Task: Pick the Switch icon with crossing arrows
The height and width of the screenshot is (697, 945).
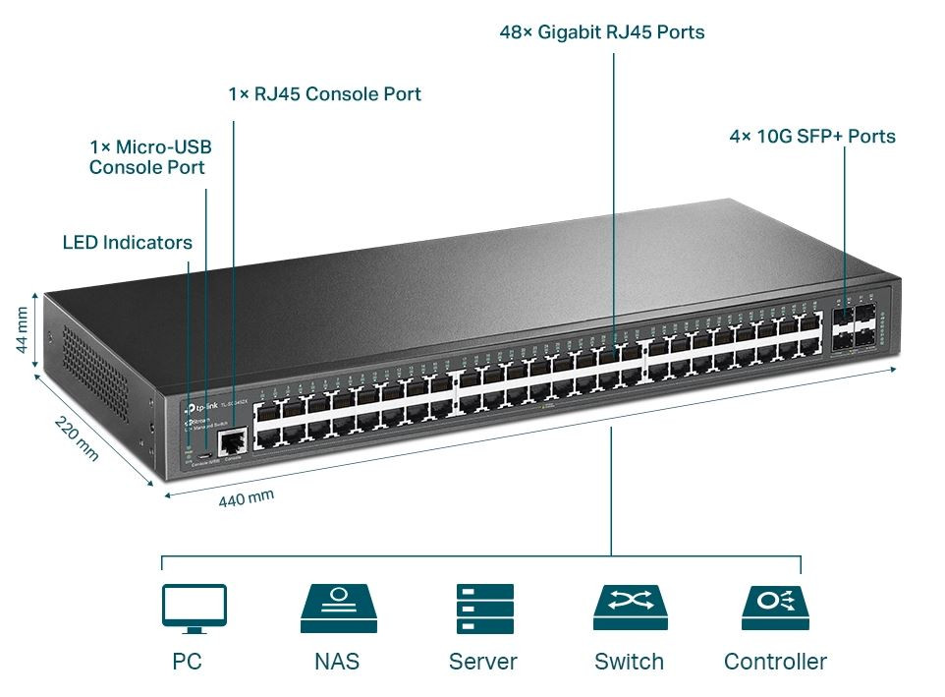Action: pyautogui.click(x=630, y=608)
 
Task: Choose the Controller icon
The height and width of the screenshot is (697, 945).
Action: pyautogui.click(x=775, y=608)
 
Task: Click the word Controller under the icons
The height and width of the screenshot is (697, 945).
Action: pyautogui.click(x=775, y=662)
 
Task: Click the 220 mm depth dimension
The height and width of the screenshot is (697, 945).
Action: pyautogui.click(x=76, y=438)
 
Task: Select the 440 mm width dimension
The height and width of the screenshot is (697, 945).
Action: pyautogui.click(x=246, y=498)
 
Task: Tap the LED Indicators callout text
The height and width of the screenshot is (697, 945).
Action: pyautogui.click(x=127, y=242)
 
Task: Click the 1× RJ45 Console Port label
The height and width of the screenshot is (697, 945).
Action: pyautogui.click(x=324, y=94)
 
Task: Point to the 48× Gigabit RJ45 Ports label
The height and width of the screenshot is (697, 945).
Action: pyautogui.click(x=601, y=32)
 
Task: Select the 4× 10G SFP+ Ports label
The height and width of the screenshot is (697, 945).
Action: pyautogui.click(x=811, y=137)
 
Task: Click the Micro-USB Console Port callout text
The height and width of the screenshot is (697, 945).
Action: pyautogui.click(x=149, y=157)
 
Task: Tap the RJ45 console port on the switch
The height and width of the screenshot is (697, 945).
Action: pyautogui.click(x=232, y=443)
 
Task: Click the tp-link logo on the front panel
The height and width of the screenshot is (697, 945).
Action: pyautogui.click(x=202, y=407)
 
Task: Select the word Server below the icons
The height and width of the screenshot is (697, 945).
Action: pyautogui.click(x=482, y=662)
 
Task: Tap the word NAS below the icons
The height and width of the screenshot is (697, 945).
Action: pyautogui.click(x=337, y=662)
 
